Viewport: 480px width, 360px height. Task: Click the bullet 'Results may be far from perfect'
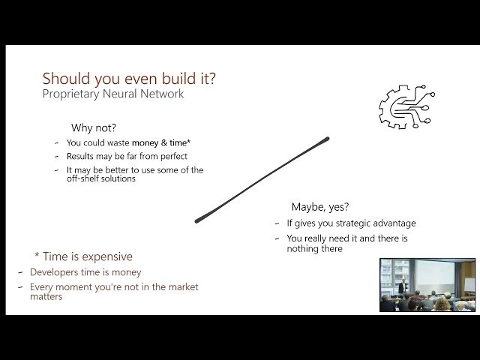tap(126, 156)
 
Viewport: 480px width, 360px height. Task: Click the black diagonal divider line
tap(262, 179)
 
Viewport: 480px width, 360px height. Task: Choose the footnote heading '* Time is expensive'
tap(83, 256)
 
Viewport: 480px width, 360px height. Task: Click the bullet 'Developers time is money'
tap(85, 272)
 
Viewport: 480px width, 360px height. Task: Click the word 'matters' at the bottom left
tap(47, 296)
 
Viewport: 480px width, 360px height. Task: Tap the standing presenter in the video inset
tap(403, 286)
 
